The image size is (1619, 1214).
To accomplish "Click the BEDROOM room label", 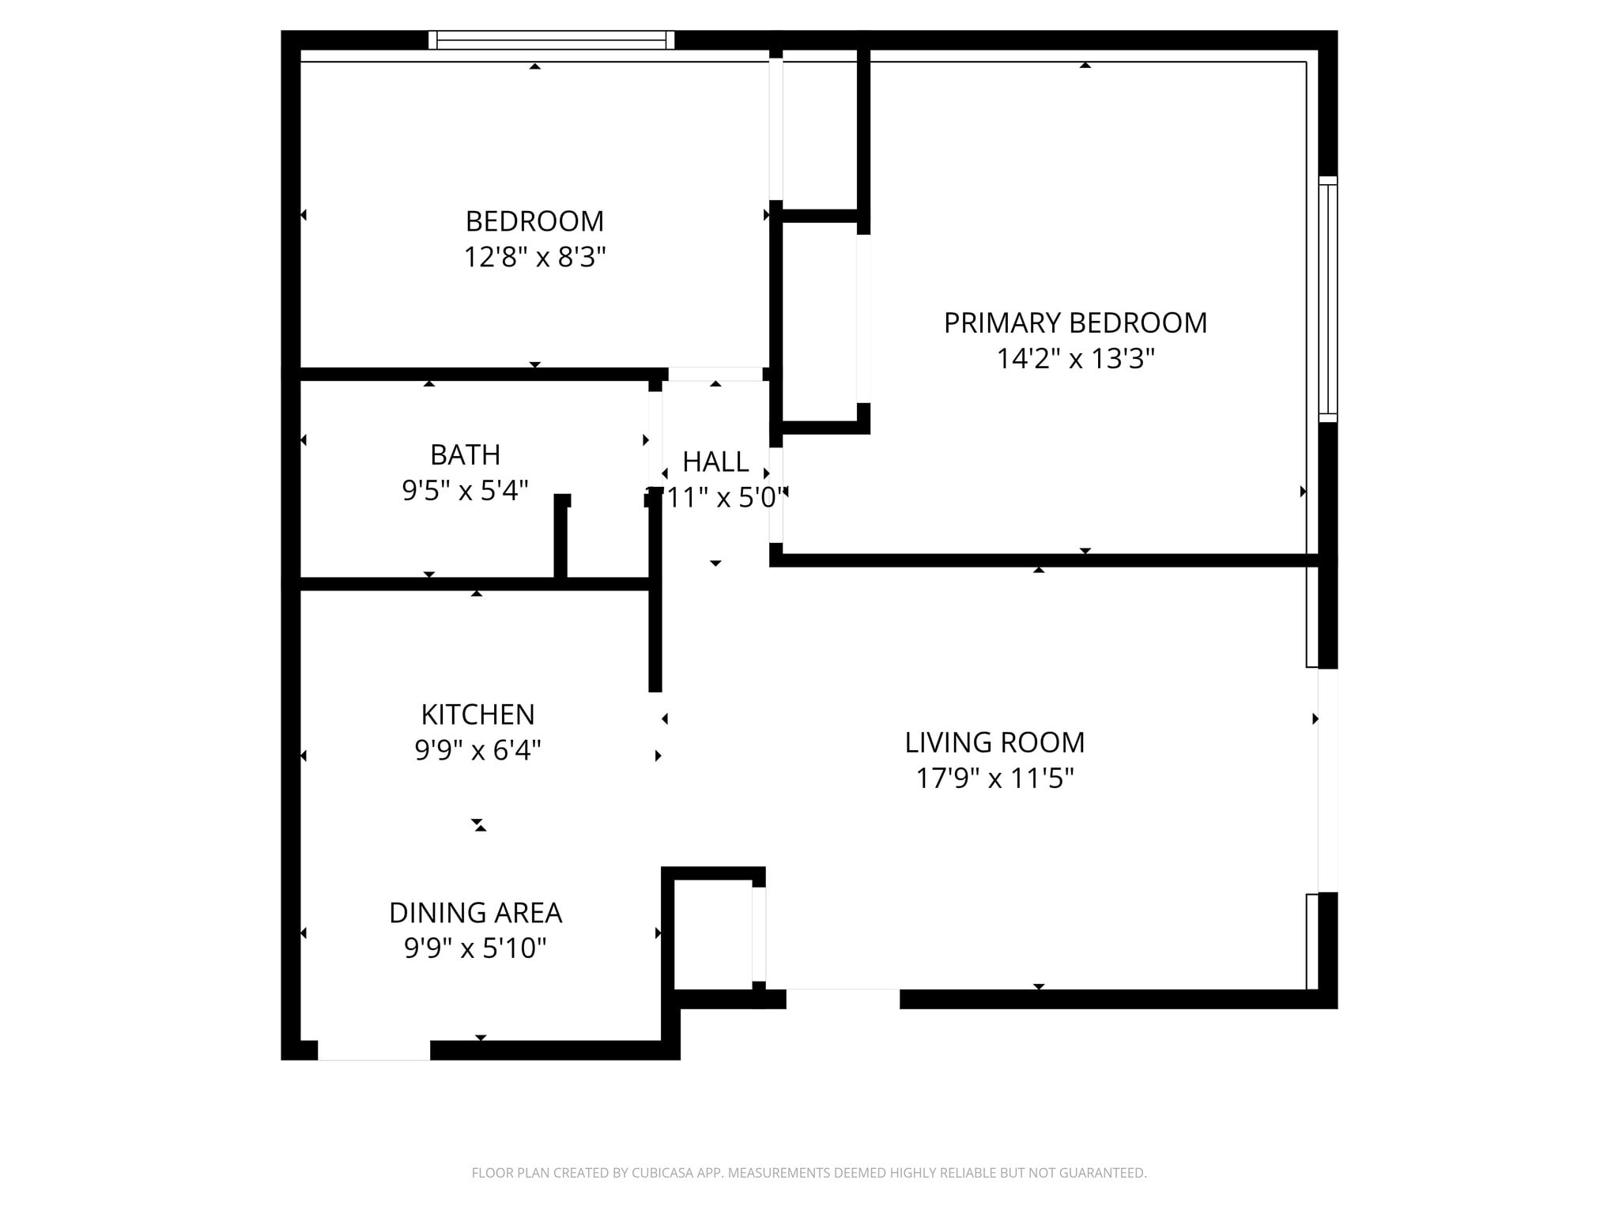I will pos(534,221).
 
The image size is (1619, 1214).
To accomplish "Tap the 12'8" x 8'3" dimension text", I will pos(534,258).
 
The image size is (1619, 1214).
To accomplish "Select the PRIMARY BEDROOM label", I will pos(1075,323).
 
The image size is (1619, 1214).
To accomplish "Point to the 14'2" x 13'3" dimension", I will pos(1075,359).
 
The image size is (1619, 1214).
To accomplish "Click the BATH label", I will pos(465,455).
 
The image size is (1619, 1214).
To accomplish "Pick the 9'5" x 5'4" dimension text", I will pos(465,491).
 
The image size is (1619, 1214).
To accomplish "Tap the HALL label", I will pos(715,462).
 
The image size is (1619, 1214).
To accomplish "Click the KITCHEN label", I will pos(477,714).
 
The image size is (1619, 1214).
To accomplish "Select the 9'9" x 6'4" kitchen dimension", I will pos(477,750).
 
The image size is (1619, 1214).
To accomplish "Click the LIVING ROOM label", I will pos(994,743).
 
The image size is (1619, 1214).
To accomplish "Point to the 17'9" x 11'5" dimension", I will pos(994,779).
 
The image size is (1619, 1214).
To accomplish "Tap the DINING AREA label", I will pos(475,913).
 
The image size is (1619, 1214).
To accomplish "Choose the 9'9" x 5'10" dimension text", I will pos(475,948).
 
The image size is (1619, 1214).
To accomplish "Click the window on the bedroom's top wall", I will pos(551,40).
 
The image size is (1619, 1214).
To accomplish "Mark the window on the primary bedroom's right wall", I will pos(1328,299).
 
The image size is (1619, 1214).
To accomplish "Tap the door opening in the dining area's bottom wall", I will pos(374,1050).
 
